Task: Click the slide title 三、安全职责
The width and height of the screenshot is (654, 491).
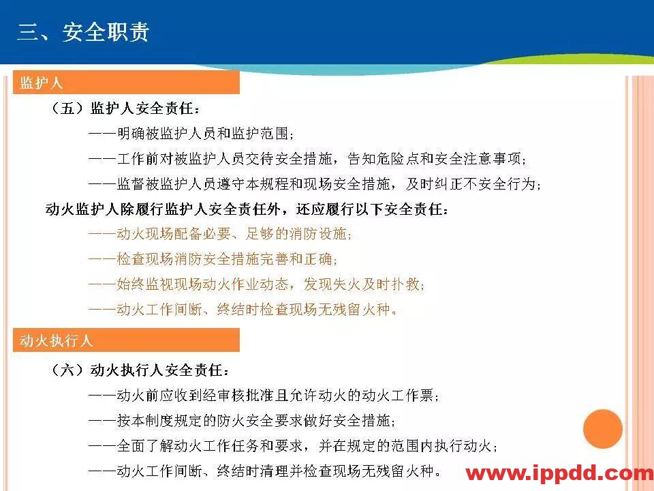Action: (x=83, y=32)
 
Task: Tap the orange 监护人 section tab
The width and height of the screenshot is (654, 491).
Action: (x=126, y=83)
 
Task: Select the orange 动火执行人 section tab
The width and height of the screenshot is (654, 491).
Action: (x=126, y=340)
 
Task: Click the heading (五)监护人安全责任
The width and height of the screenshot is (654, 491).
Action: (x=127, y=109)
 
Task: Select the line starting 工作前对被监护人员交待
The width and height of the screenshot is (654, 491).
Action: (x=307, y=159)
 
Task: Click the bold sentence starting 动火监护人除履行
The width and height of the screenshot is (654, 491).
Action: (x=247, y=209)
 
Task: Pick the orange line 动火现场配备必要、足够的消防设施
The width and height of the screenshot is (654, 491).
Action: (x=220, y=235)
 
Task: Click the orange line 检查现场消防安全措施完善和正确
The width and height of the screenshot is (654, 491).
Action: (x=213, y=260)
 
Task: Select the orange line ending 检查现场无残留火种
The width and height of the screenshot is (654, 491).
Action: (x=243, y=310)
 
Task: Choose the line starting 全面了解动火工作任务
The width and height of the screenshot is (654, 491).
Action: (x=293, y=446)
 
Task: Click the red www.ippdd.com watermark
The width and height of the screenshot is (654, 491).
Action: (x=559, y=473)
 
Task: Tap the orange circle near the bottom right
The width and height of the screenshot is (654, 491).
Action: (x=603, y=429)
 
